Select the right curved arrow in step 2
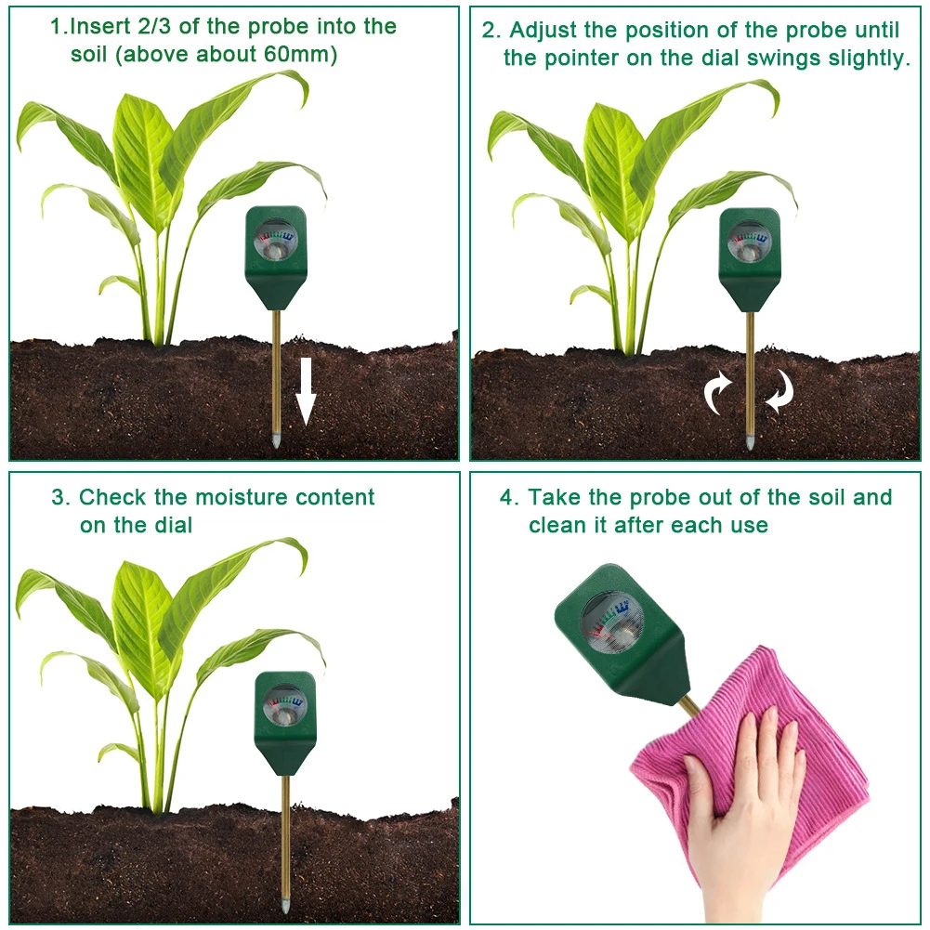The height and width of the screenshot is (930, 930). tap(779, 391)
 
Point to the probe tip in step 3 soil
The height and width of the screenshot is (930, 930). tap(285, 902)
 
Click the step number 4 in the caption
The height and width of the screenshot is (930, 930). tap(507, 497)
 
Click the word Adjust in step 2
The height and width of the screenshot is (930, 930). tap(550, 31)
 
